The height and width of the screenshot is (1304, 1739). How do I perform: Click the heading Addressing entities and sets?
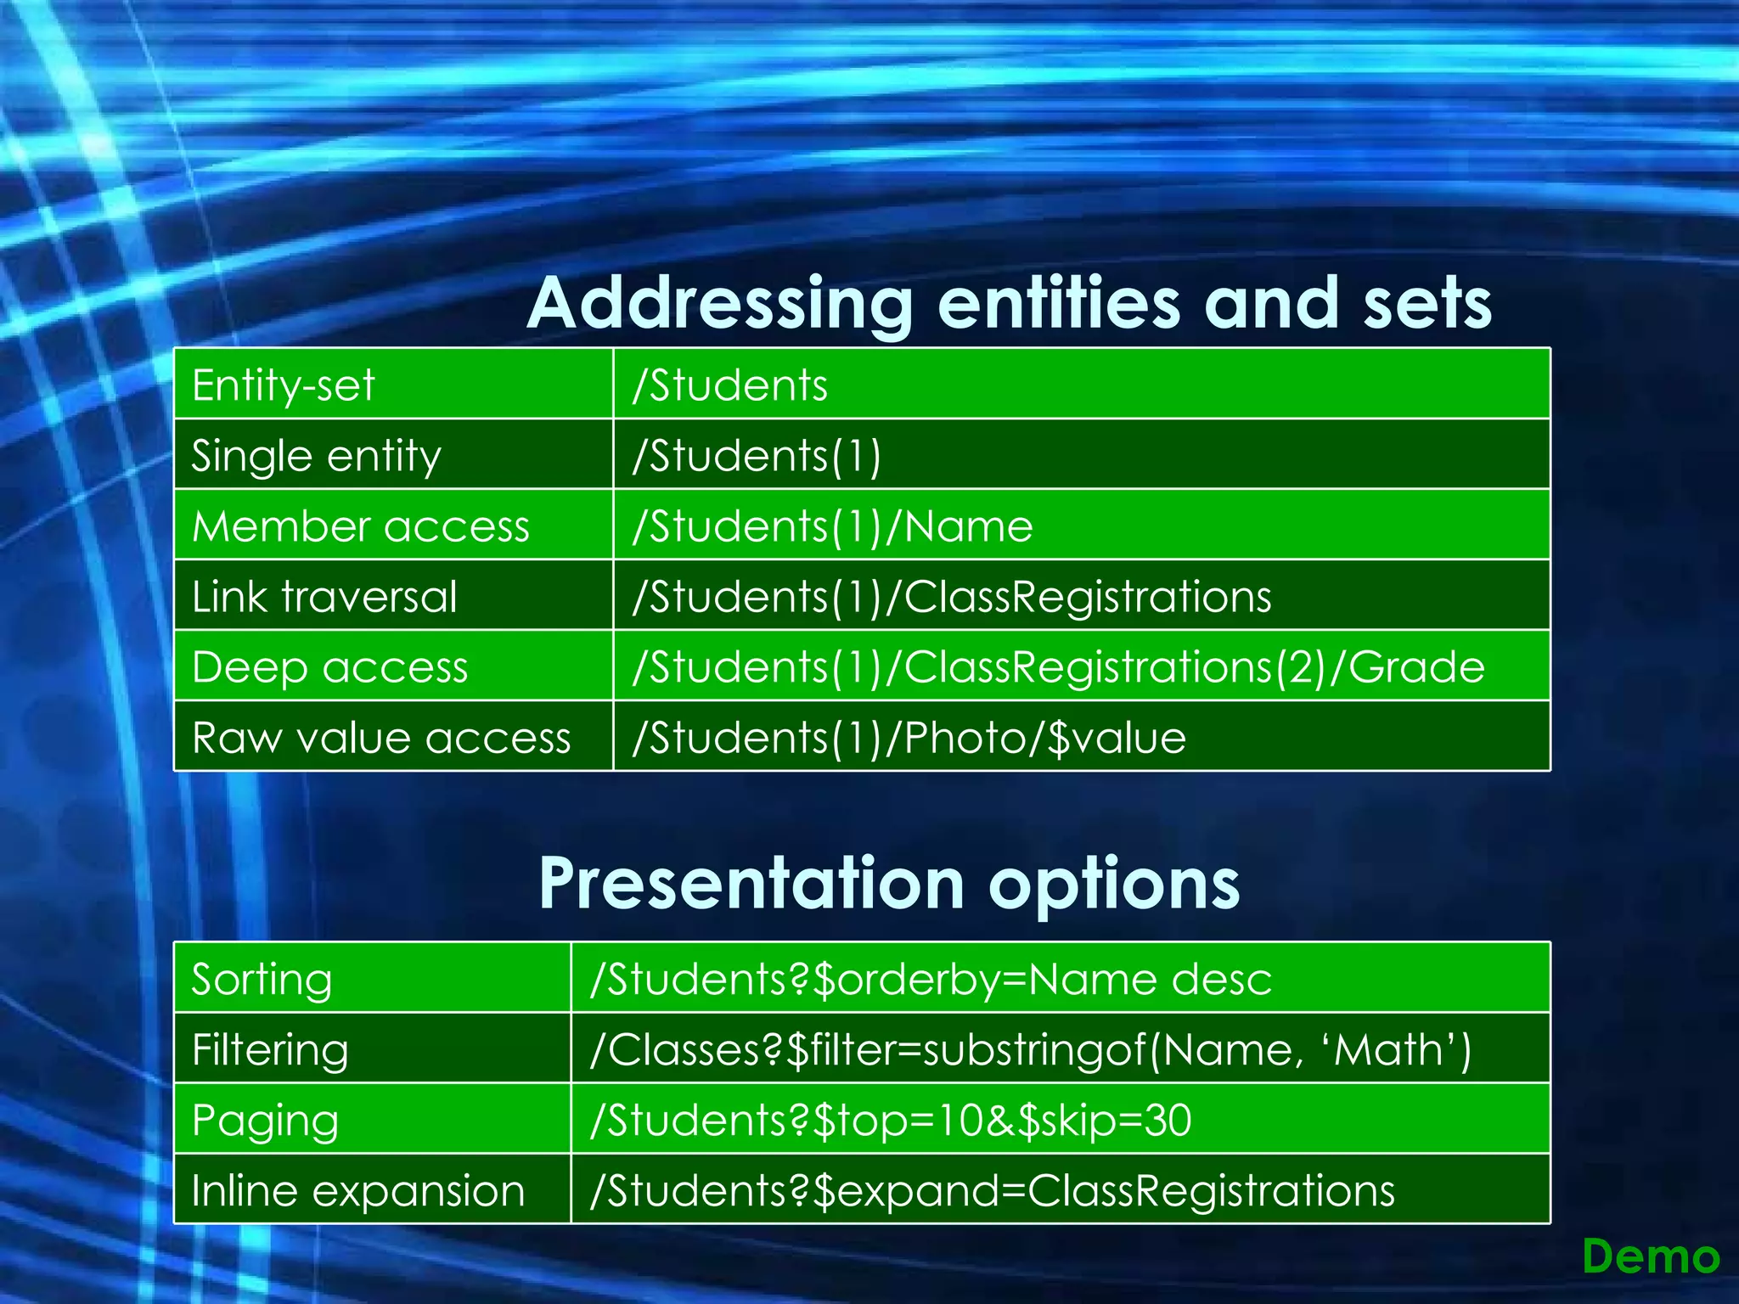pos(1009,303)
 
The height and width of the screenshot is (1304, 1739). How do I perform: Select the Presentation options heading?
pos(889,884)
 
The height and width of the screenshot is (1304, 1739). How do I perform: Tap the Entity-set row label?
pos(283,385)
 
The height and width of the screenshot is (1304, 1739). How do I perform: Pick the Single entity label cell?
pos(316,456)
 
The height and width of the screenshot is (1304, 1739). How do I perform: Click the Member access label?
pos(361,526)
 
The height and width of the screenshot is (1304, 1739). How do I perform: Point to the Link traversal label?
pos(324,597)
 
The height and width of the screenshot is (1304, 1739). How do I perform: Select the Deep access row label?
pos(329,667)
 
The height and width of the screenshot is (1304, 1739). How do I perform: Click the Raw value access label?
pos(381,738)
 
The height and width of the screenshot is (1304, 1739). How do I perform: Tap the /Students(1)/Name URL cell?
pos(832,526)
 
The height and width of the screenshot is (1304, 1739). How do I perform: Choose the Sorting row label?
pos(262,980)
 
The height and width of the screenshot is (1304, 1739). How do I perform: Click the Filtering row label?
pos(270,1050)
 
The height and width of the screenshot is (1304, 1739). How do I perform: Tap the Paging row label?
pos(265,1121)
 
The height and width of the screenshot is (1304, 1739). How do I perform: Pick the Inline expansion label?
pos(357,1191)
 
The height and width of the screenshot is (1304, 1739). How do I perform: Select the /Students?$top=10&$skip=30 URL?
pos(891,1121)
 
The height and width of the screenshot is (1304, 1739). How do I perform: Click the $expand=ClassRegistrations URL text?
pos(1104,1191)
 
